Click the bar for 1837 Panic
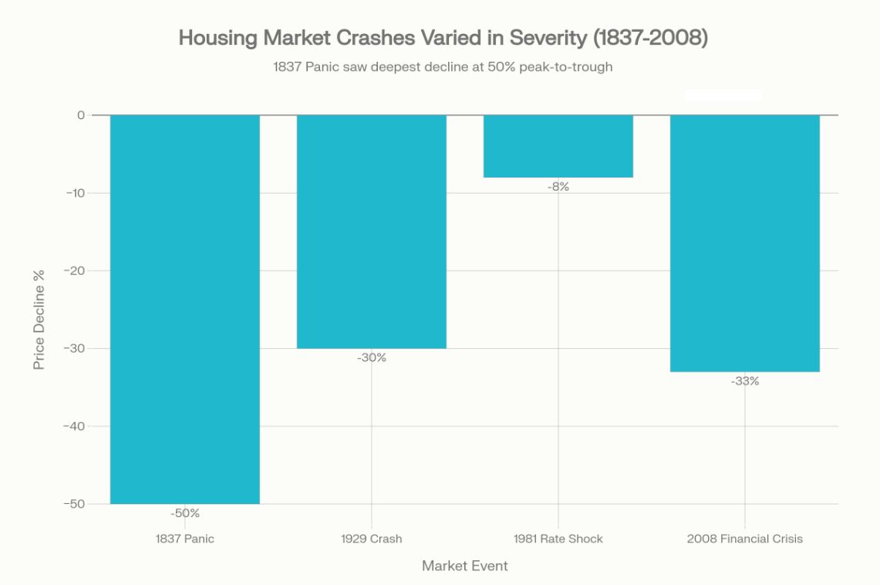pyautogui.click(x=185, y=309)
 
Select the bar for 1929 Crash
pyautogui.click(x=372, y=232)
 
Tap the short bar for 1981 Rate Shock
pyautogui.click(x=558, y=147)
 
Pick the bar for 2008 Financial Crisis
pyautogui.click(x=745, y=243)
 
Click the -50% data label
pyautogui.click(x=185, y=513)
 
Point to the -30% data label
pyautogui.click(x=372, y=358)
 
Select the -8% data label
pyautogui.click(x=558, y=187)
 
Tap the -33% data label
pyautogui.click(x=745, y=381)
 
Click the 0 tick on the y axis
pyautogui.click(x=79, y=115)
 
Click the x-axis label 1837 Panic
pyautogui.click(x=185, y=539)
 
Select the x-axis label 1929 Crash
pyautogui.click(x=372, y=539)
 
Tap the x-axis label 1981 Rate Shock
pyautogui.click(x=558, y=539)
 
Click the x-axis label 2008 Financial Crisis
pyautogui.click(x=745, y=539)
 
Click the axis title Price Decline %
pyautogui.click(x=39, y=319)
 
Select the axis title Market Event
pyautogui.click(x=465, y=566)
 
